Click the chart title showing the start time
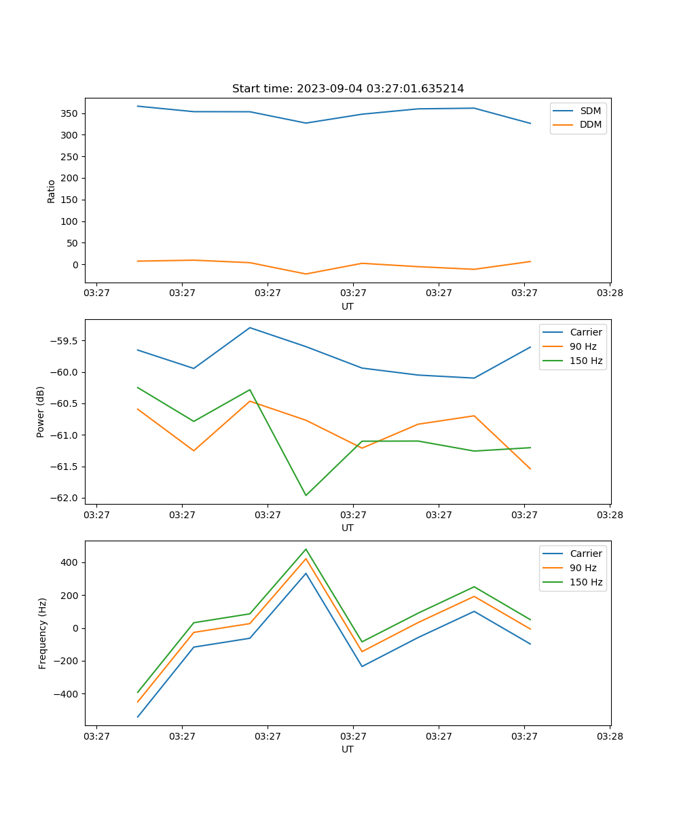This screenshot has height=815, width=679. tap(348, 89)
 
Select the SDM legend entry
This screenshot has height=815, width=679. tap(590, 111)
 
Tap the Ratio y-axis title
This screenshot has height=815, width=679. tap(52, 191)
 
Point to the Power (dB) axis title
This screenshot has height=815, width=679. tap(41, 412)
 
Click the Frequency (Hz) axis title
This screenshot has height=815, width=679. tap(43, 633)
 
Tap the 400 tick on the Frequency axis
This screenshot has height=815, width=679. tap(71, 562)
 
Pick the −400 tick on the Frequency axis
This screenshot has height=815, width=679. tap(68, 694)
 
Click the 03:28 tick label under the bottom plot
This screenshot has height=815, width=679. tap(610, 736)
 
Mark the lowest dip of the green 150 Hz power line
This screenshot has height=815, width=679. tap(306, 495)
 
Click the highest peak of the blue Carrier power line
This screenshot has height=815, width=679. tap(250, 328)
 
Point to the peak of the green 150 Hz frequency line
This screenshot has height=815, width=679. tap(306, 549)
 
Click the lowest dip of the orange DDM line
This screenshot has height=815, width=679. tap(306, 274)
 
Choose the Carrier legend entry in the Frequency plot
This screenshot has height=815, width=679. tap(585, 554)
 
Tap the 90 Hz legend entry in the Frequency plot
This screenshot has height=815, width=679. tap(583, 568)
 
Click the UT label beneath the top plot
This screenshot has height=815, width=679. tap(348, 306)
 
